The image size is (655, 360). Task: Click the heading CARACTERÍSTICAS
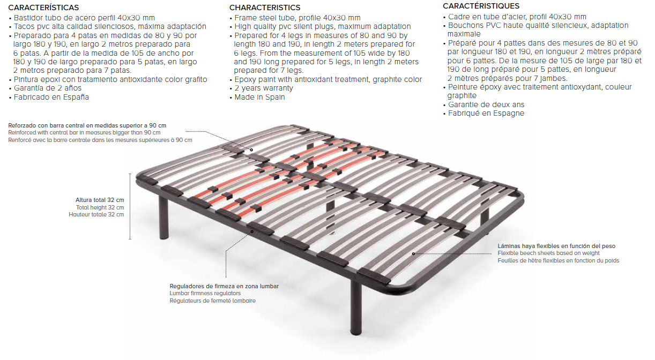43,7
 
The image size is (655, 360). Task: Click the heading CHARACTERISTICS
265,7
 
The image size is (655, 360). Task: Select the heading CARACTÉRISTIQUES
481,6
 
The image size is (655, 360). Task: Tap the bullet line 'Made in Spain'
259,97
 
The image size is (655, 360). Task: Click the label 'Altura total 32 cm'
100,200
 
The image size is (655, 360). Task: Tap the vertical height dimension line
130,207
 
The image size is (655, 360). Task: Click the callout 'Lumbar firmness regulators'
205,293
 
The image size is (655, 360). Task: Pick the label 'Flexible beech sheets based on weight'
548,253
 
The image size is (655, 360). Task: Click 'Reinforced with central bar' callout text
84,132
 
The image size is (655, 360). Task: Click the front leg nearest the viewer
356,307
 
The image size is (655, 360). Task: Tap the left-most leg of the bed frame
164,217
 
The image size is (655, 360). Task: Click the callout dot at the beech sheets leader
413,254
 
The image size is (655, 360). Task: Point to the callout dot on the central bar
251,150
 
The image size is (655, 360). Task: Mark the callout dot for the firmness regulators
252,232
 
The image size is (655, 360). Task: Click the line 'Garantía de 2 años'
48,88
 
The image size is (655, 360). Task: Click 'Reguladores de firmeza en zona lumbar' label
224,286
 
